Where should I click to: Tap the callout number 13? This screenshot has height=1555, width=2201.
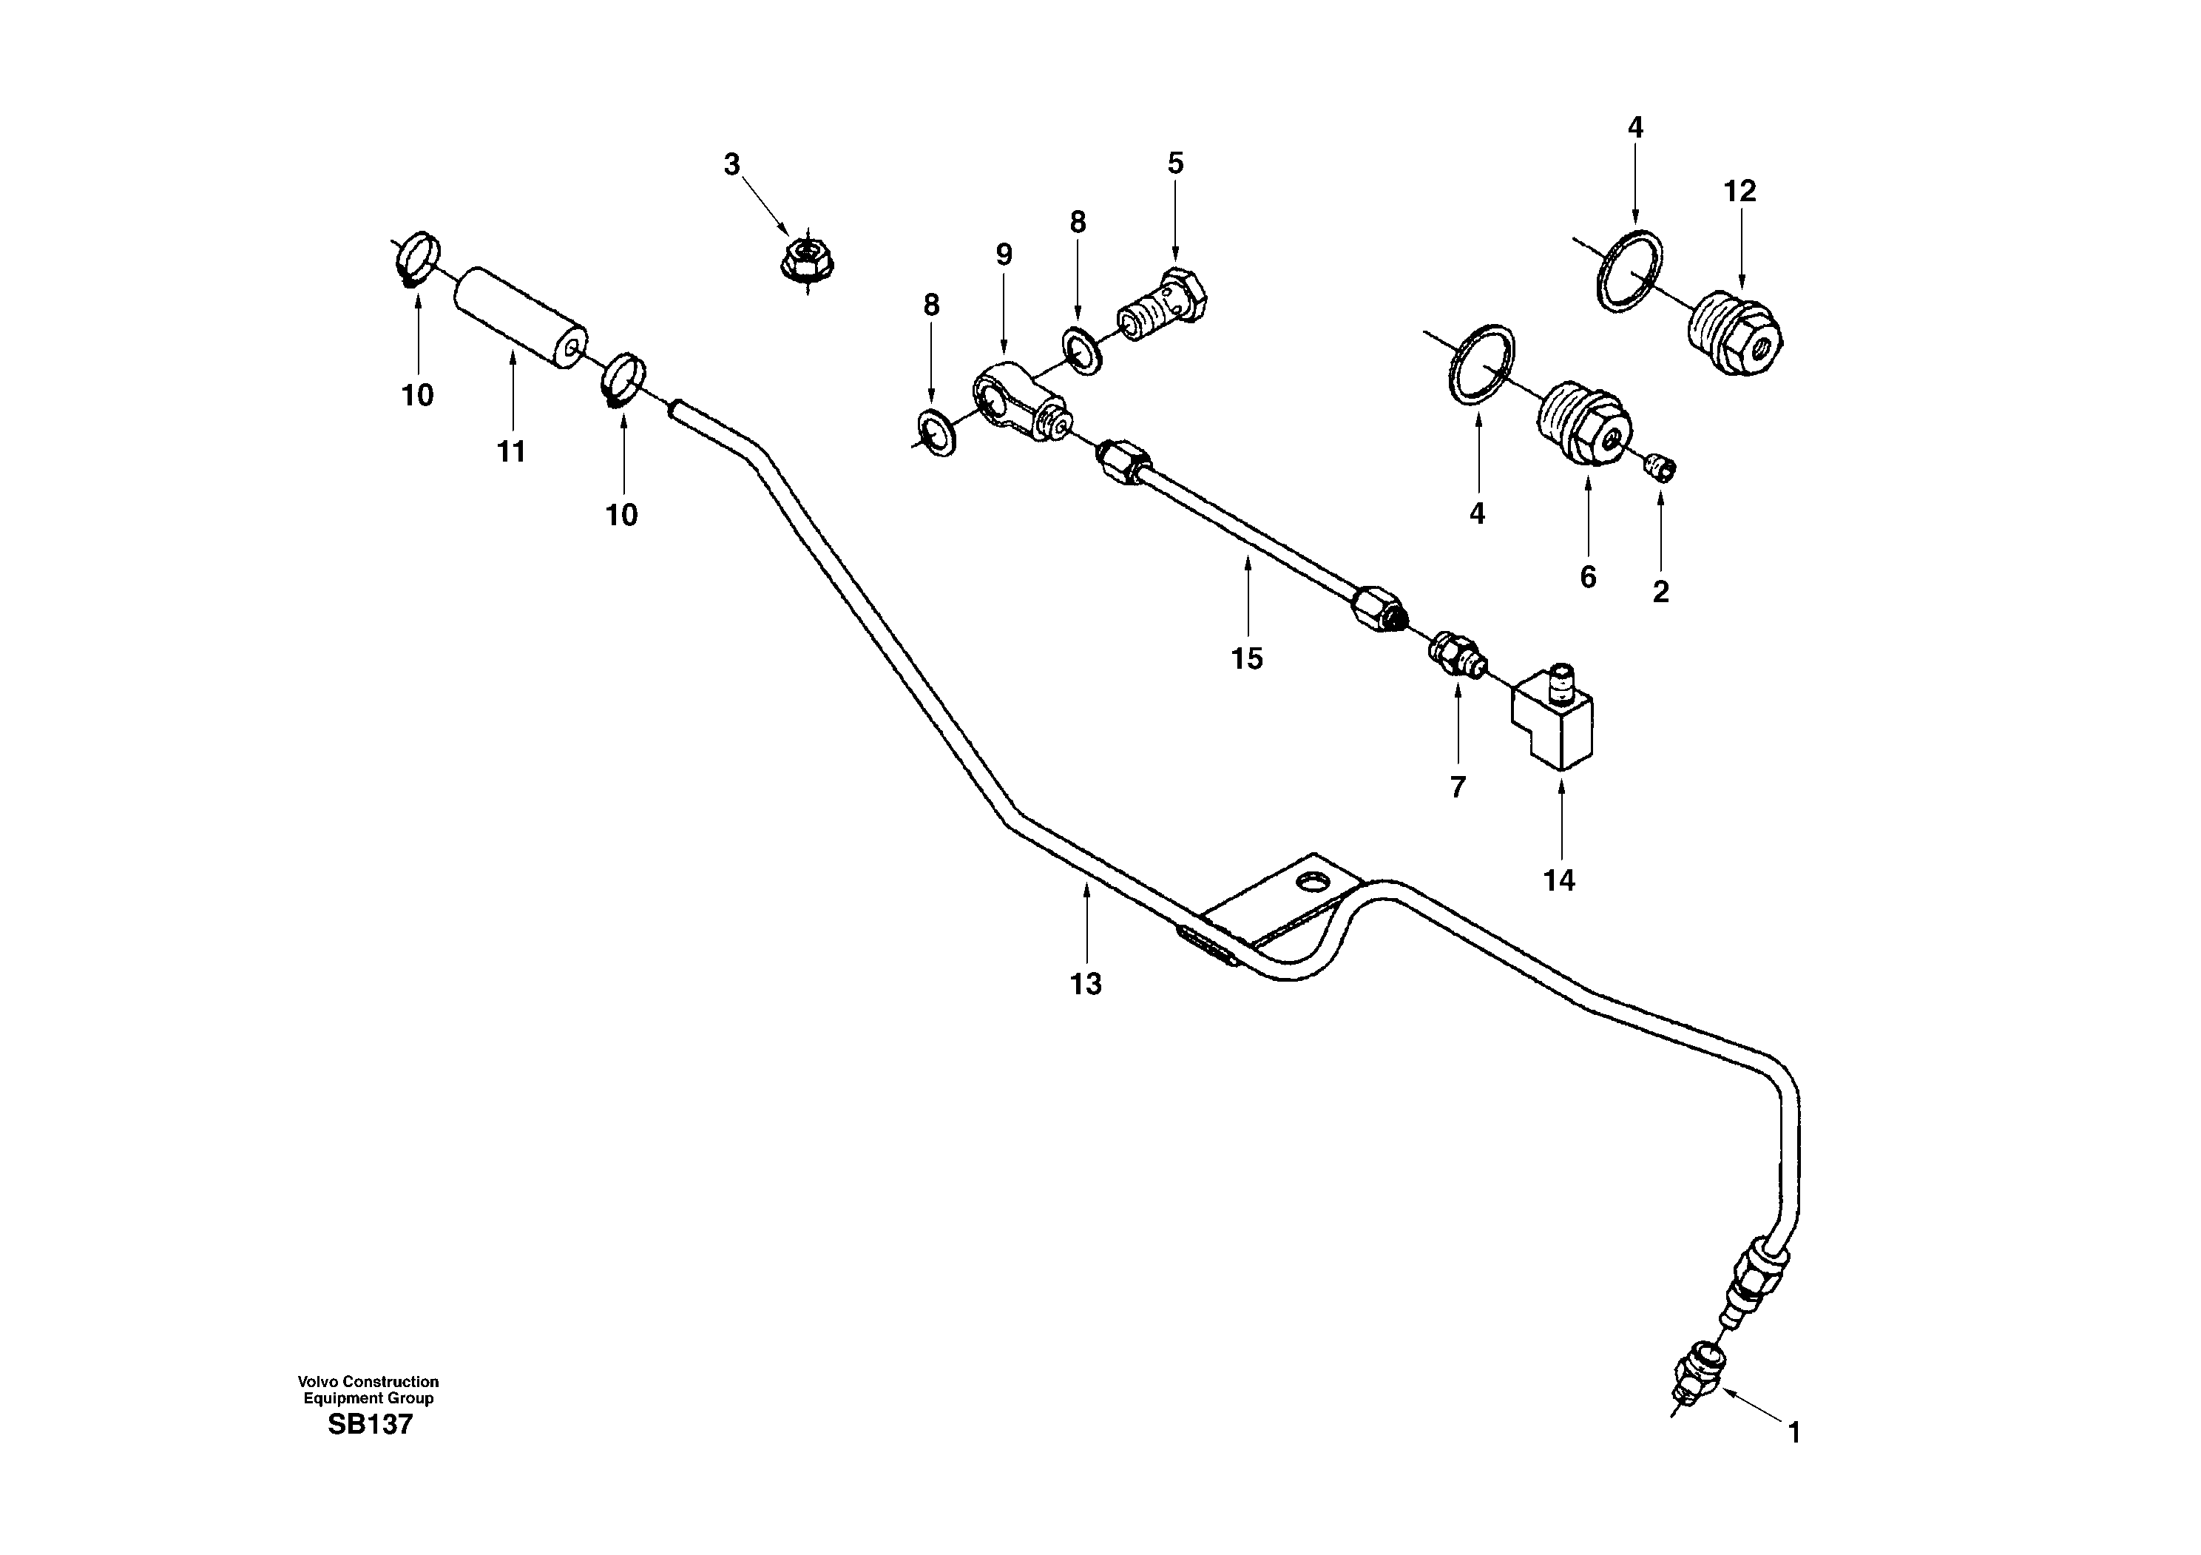[1086, 985]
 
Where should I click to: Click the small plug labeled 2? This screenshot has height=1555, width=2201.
[1663, 467]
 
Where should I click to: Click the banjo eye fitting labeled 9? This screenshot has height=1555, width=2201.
[1015, 408]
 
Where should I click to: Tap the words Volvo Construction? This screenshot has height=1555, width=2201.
[368, 1381]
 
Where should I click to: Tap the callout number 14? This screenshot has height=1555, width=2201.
[1559, 880]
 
